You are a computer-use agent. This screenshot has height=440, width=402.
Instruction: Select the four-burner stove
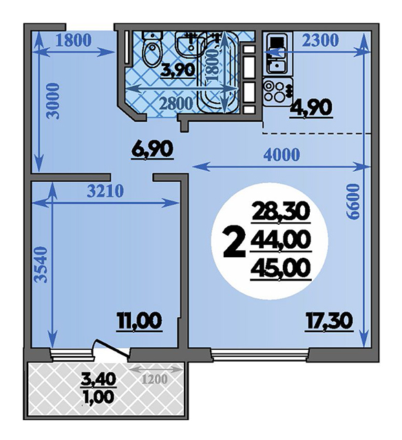coord(276,91)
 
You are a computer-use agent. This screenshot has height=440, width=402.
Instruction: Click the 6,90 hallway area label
coord(151,150)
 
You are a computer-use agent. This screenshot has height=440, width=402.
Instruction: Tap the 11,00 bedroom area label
coord(139,321)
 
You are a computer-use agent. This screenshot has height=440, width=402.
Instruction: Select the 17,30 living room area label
coord(329,322)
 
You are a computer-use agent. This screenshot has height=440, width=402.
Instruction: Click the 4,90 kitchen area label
coord(312,108)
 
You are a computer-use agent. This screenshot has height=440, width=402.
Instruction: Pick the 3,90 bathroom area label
coord(178,70)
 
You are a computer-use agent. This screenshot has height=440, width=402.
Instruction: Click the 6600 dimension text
coord(353,201)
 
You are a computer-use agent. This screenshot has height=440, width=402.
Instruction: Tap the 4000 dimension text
coord(282,154)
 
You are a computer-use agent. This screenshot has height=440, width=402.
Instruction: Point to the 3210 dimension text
coord(105,191)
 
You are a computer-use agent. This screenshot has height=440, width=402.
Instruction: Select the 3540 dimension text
coord(40,265)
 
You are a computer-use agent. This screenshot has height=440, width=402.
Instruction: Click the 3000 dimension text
coord(54,101)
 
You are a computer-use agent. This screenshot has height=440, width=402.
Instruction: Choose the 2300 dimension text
coord(321,41)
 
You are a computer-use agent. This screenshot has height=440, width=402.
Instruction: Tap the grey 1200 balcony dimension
coord(154,379)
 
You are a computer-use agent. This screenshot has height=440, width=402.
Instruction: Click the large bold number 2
coord(233,242)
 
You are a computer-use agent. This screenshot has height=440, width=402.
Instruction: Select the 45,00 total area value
coord(281,268)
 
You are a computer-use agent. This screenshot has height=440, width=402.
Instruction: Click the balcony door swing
coord(111,350)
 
